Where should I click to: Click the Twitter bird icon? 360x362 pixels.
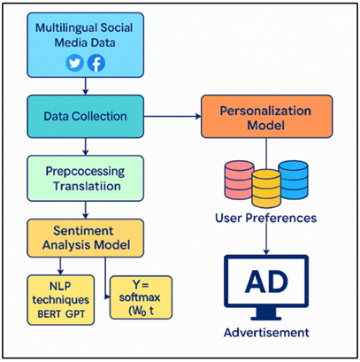[73, 63]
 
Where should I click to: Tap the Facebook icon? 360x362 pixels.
[95, 63]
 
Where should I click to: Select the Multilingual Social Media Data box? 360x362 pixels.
[83, 44]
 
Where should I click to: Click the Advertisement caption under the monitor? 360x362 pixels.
[266, 333]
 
